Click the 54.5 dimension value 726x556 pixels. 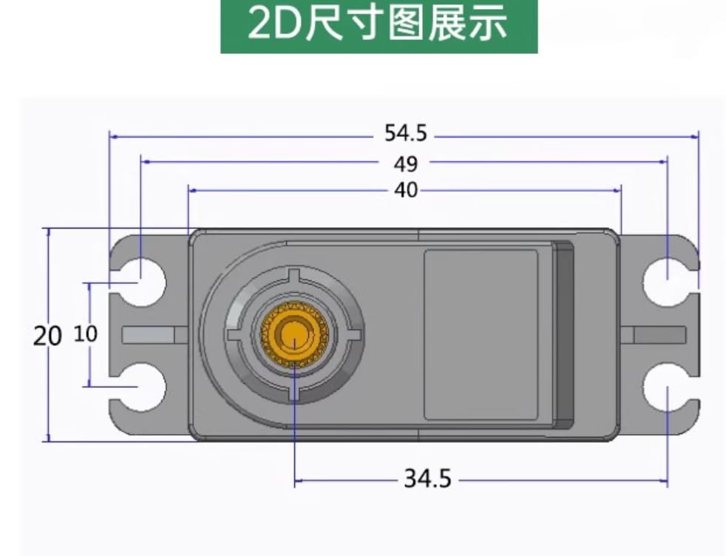pyautogui.click(x=405, y=134)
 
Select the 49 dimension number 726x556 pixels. pyautogui.click(x=405, y=163)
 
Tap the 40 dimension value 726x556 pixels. pyautogui.click(x=406, y=190)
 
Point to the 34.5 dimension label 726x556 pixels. pyautogui.click(x=427, y=479)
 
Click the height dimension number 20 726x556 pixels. pyautogui.click(x=47, y=336)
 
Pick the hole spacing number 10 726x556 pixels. pyautogui.click(x=86, y=334)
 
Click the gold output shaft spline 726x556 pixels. pyautogui.click(x=294, y=335)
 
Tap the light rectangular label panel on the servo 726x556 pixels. pyautogui.click(x=481, y=335)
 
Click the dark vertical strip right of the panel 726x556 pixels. pyautogui.click(x=564, y=335)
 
